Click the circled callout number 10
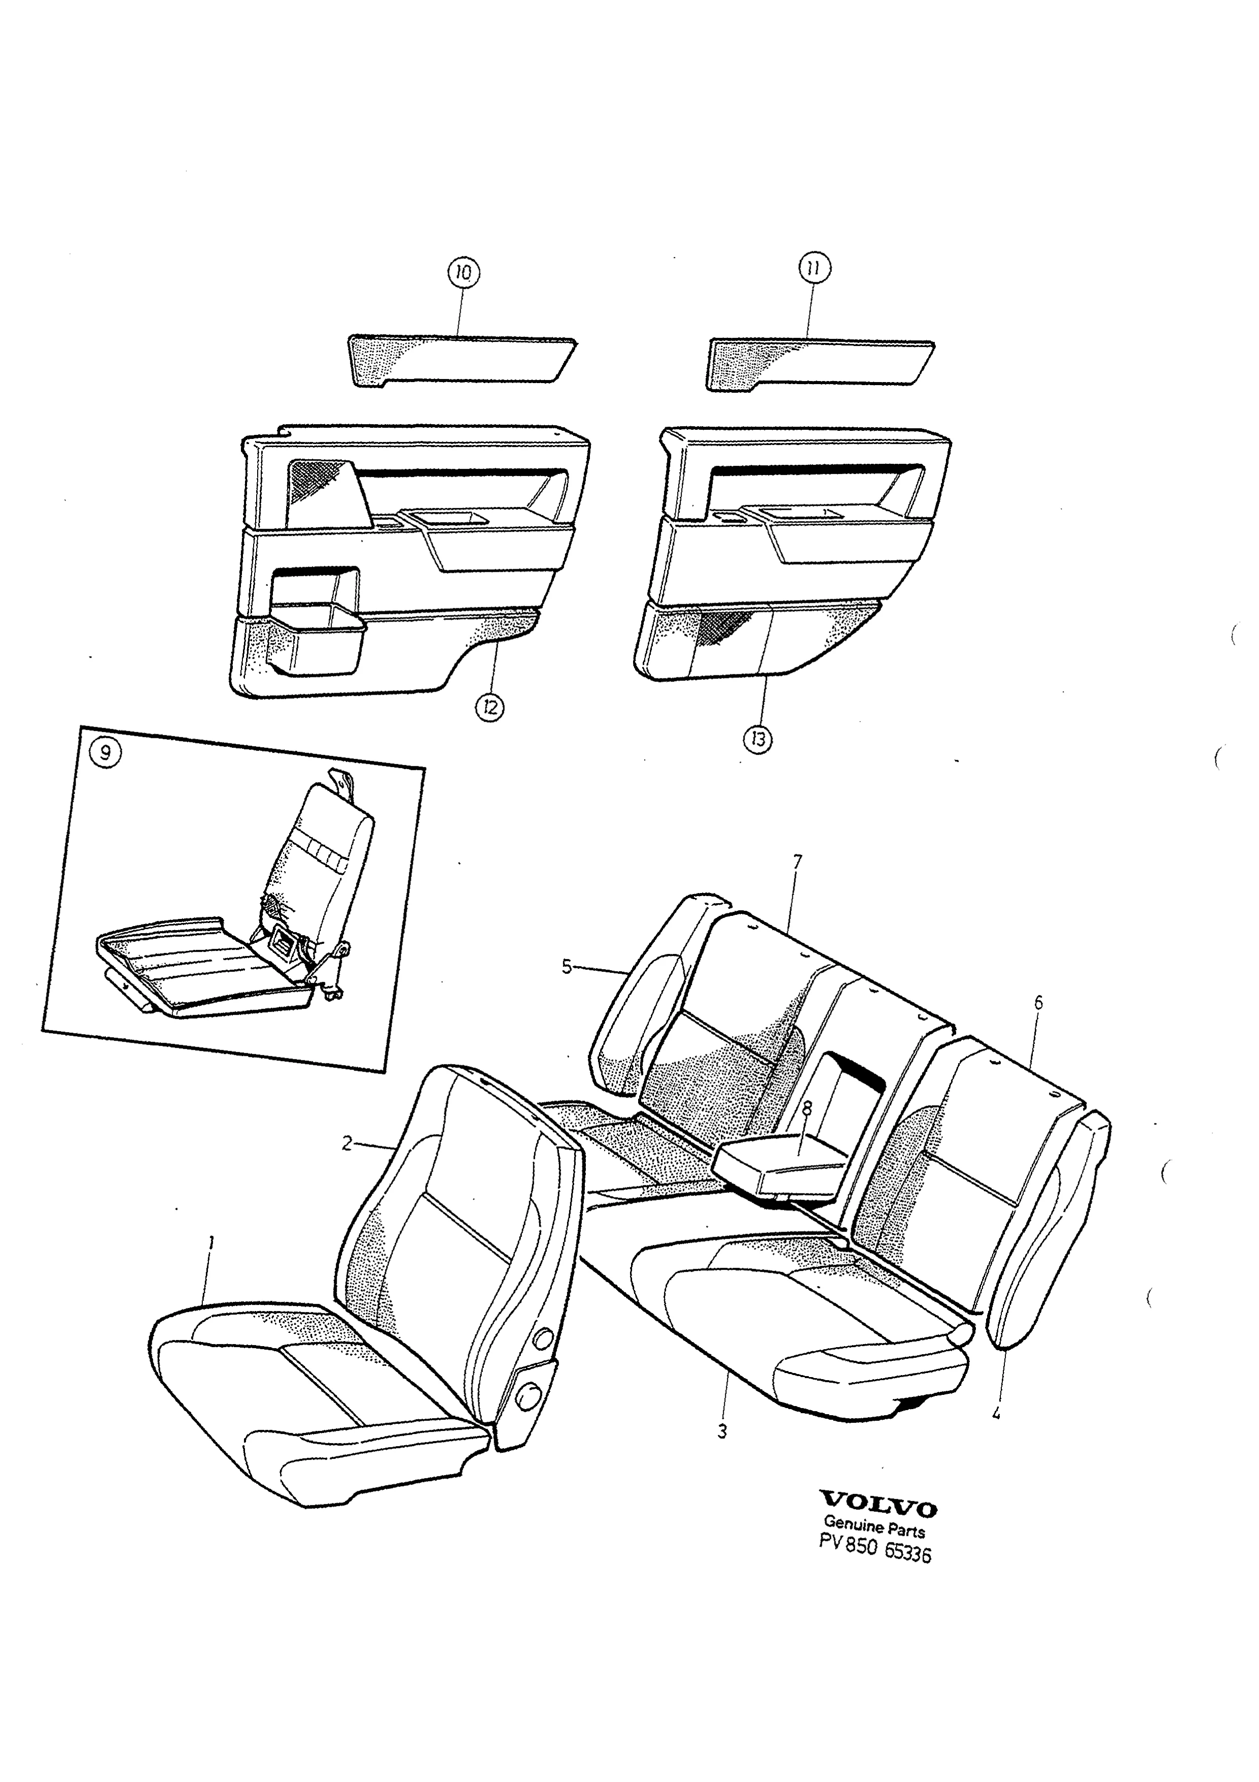(x=463, y=272)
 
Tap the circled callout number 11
(x=815, y=268)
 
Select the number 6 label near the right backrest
(x=1038, y=1003)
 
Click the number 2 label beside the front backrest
(x=347, y=1143)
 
